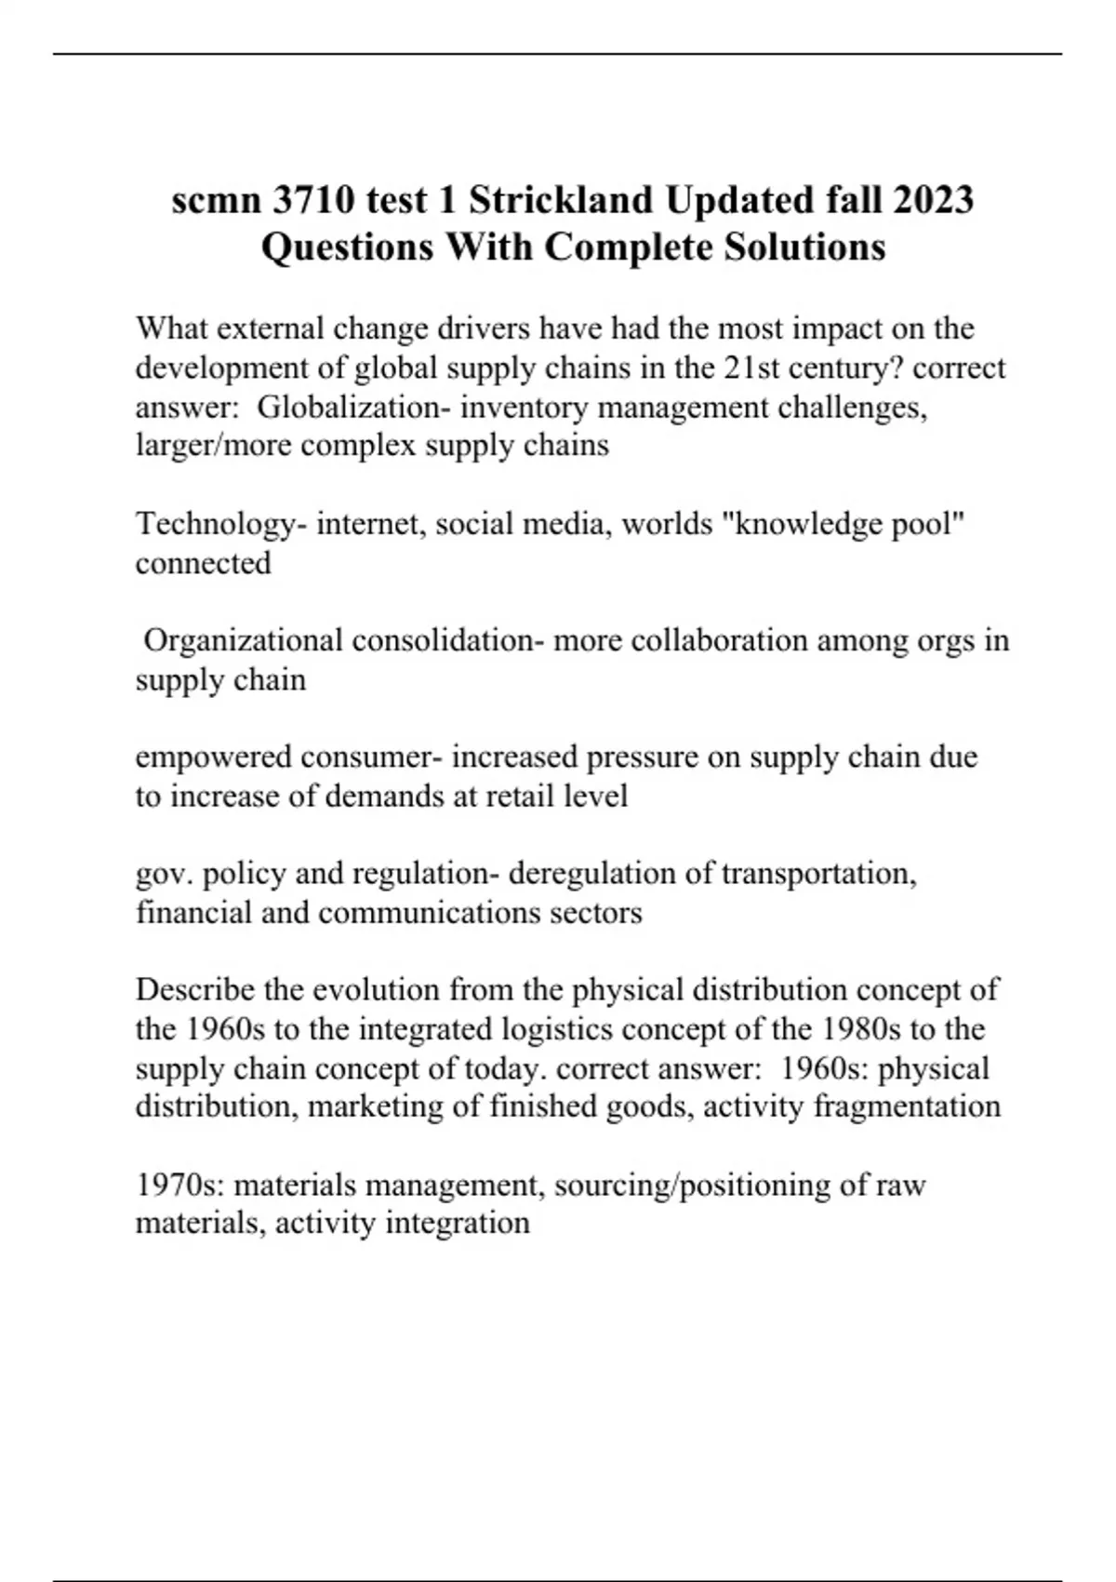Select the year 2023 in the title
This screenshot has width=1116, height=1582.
(x=934, y=200)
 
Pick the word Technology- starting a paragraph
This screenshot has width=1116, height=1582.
(x=221, y=524)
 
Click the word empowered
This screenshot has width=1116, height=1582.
(x=213, y=757)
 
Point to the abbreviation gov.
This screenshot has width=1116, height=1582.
(x=164, y=874)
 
